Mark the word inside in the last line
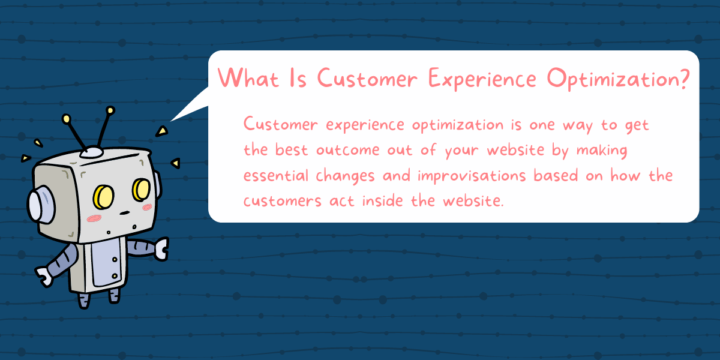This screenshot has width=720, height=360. pyautogui.click(x=392, y=200)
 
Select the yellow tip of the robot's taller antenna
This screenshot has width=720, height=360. pyautogui.click(x=110, y=110)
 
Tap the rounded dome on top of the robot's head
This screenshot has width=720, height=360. pyautogui.click(x=92, y=152)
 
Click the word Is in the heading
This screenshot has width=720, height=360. pyautogui.click(x=298, y=78)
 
